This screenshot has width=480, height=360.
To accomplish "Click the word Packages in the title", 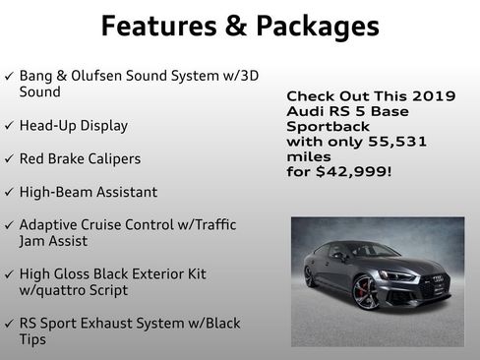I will [317, 26].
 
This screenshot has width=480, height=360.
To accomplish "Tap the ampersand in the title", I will [235, 26].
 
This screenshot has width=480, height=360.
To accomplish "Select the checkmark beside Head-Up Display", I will [10, 126].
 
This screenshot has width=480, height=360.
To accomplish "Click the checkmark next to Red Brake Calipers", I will [10, 158].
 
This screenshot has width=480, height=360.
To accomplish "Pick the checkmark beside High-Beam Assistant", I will [10, 192].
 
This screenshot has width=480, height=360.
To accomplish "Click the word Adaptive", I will [50, 224].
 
